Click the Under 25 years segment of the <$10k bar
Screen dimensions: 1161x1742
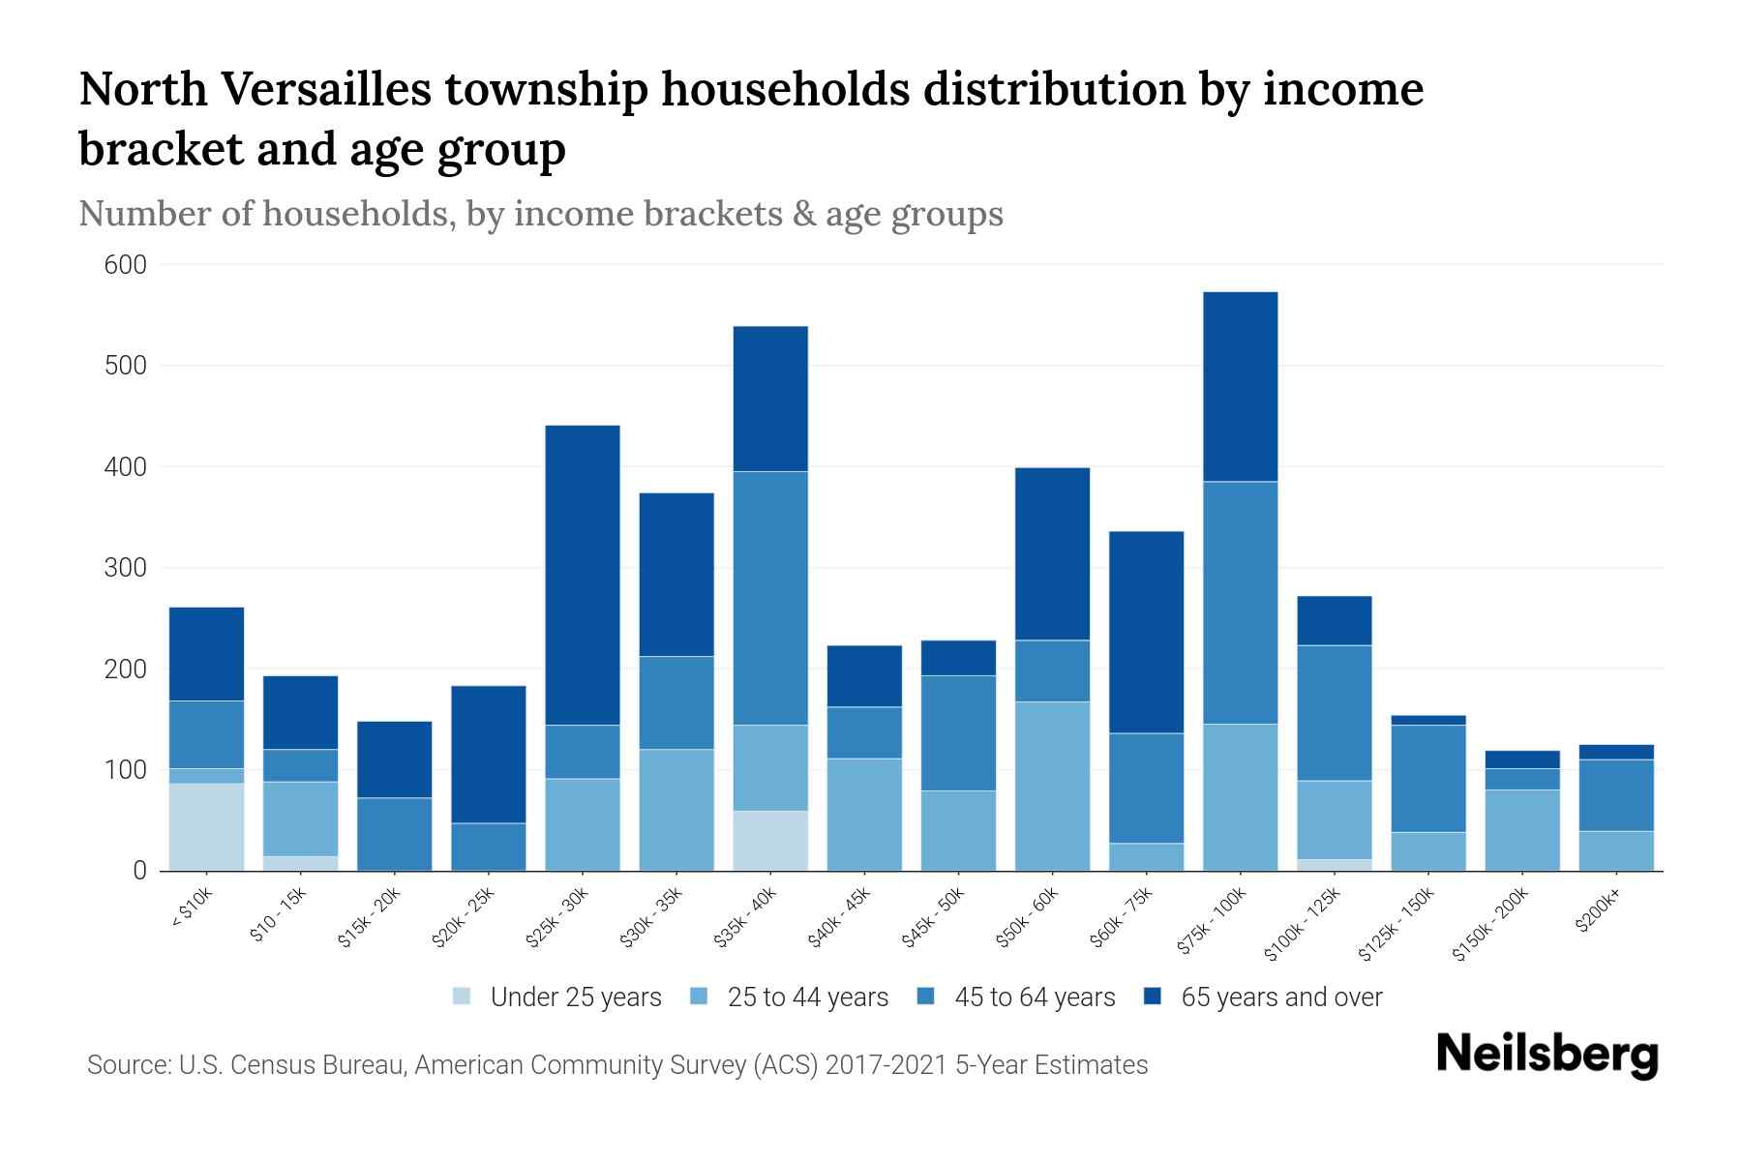[x=206, y=826]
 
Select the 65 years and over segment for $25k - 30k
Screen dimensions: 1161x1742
[x=583, y=575]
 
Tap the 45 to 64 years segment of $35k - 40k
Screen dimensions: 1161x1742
[x=770, y=598]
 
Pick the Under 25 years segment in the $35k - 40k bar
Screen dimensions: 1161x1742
[x=770, y=840]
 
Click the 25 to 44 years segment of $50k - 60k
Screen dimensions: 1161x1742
[x=1052, y=786]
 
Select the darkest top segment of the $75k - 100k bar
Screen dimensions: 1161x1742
[x=1240, y=386]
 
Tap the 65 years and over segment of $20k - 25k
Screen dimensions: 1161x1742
[x=489, y=754]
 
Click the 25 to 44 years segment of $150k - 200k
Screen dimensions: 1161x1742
[x=1521, y=829]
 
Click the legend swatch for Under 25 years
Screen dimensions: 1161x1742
[x=463, y=996]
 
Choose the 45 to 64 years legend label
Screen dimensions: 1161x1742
[x=1034, y=997]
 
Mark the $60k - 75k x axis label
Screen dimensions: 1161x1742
[x=1123, y=920]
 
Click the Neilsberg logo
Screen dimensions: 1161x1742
[x=1547, y=1055]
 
